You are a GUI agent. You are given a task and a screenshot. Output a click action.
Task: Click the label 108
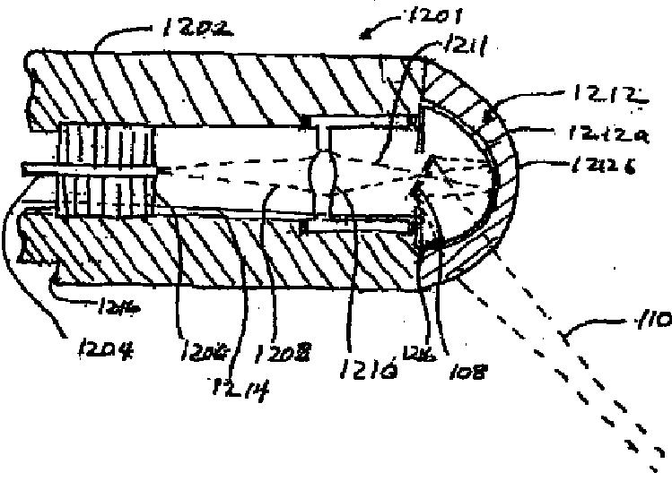pyautogui.click(x=464, y=367)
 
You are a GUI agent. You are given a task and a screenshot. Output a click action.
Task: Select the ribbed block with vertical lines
pyautogui.click(x=106, y=169)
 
